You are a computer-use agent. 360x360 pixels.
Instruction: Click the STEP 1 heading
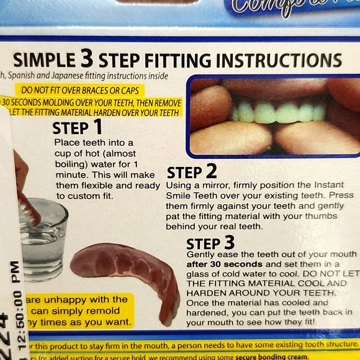[77, 128]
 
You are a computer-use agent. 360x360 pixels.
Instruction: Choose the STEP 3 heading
[210, 243]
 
